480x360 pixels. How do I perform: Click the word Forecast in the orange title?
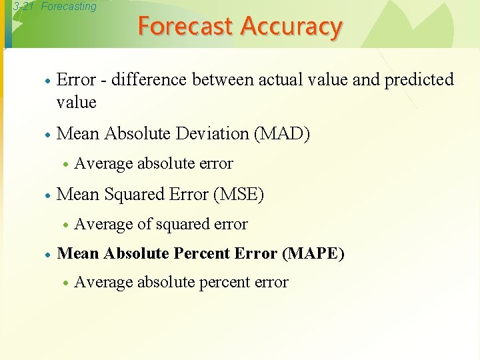tap(186, 26)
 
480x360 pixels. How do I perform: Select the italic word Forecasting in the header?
tap(69, 7)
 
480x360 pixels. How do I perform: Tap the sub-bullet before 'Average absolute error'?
tap(65, 165)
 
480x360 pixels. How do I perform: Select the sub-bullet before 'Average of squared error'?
tap(65, 225)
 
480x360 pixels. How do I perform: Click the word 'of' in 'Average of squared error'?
tap(144, 225)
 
